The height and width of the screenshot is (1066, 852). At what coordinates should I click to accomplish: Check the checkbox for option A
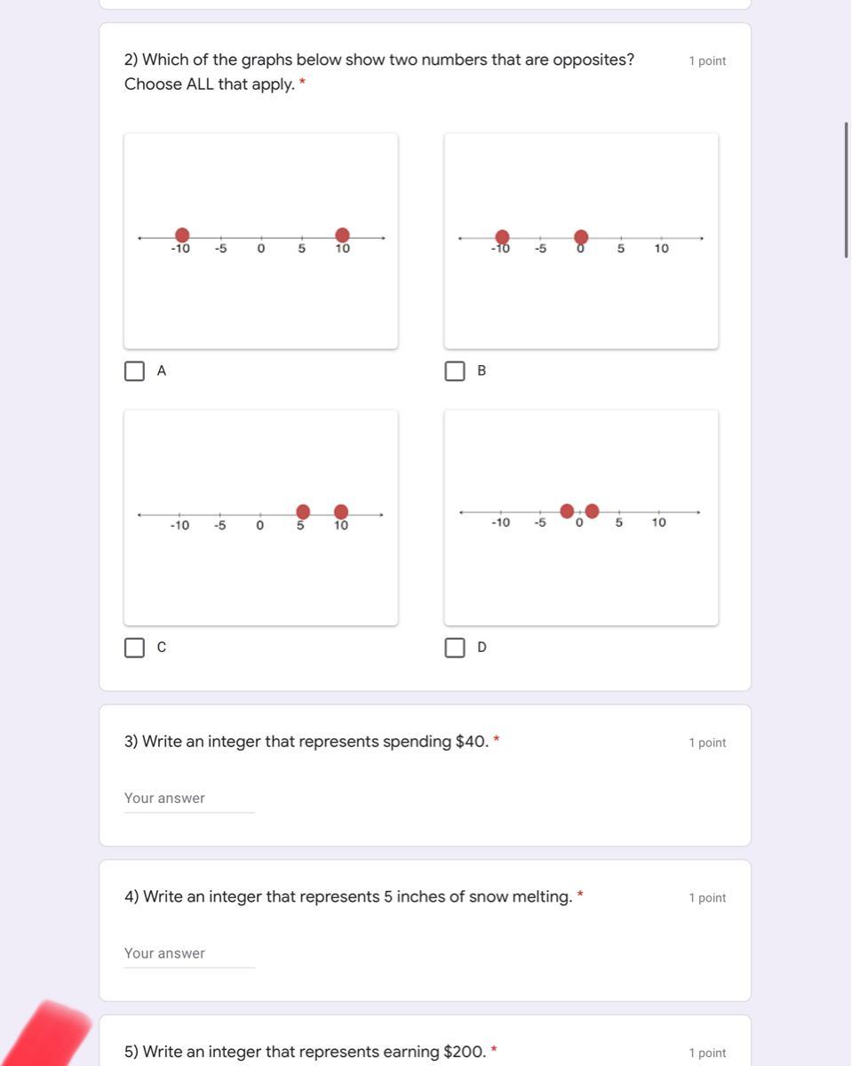(x=134, y=371)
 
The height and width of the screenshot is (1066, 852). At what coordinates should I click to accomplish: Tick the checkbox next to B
(x=455, y=371)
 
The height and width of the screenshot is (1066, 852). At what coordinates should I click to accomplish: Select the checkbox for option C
(x=134, y=648)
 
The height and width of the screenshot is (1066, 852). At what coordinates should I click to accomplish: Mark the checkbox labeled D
(x=455, y=648)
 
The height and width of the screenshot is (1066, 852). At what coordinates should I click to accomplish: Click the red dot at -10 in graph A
(x=182, y=235)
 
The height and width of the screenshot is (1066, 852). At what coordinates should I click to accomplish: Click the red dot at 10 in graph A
(x=342, y=235)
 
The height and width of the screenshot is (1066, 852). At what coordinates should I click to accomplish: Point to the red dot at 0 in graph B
(x=581, y=237)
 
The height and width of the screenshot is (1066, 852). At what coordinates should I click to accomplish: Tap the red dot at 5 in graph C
(x=303, y=512)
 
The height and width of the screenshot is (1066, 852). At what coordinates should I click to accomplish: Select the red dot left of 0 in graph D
(x=567, y=511)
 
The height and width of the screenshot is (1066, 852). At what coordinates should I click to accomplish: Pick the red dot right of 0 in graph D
(x=592, y=511)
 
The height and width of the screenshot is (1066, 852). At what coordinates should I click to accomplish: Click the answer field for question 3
(x=189, y=798)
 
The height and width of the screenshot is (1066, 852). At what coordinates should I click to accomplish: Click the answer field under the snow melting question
(x=189, y=953)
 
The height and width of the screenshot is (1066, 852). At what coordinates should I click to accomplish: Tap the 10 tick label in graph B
(x=661, y=249)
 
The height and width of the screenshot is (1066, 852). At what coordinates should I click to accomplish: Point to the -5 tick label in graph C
(x=220, y=525)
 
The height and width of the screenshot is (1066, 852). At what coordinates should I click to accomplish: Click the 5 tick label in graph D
(x=618, y=522)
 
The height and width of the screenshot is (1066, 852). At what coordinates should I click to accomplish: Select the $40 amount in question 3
(x=472, y=742)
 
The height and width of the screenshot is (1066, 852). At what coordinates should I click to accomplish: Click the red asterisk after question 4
(x=580, y=894)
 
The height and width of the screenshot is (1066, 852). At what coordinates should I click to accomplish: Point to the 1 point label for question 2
(x=707, y=61)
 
